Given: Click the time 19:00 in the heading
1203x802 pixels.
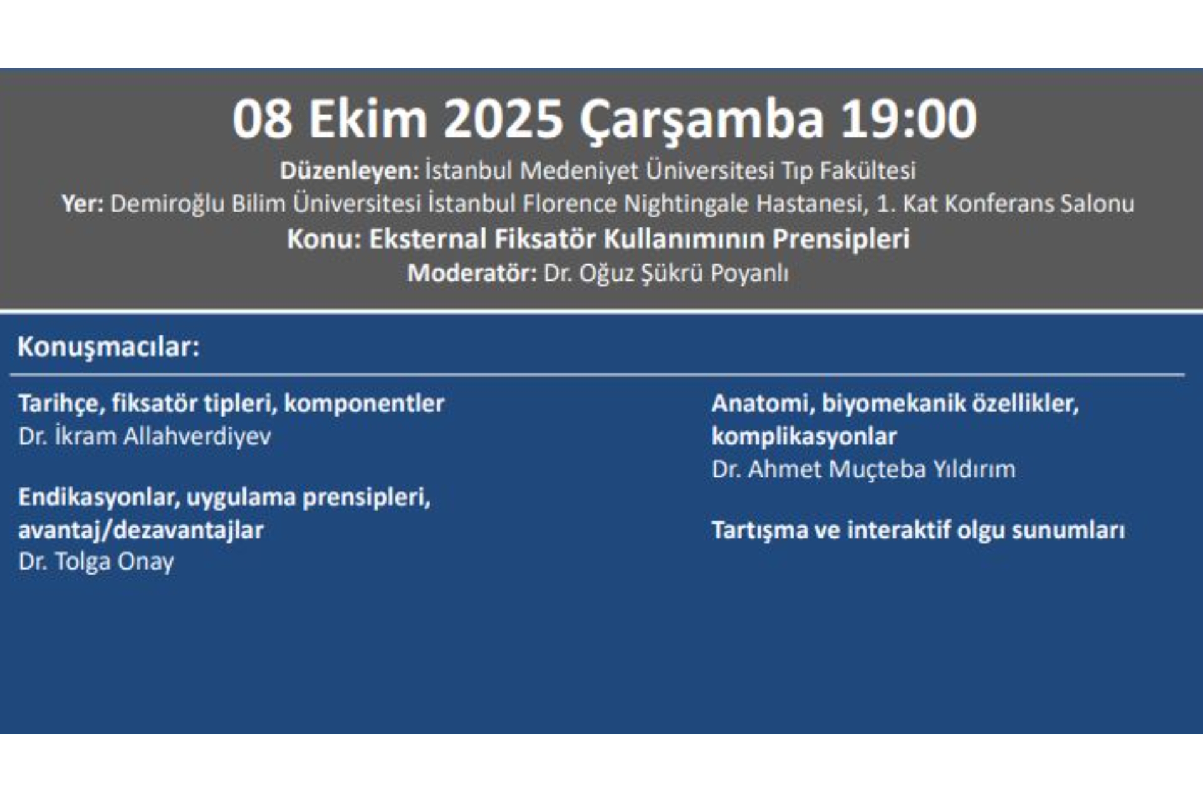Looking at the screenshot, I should pyautogui.click(x=908, y=119).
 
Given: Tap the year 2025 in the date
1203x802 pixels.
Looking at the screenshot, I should pyautogui.click(x=503, y=119).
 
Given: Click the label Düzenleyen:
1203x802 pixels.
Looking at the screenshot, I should pyautogui.click(x=349, y=170).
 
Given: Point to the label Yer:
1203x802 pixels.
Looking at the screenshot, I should pyautogui.click(x=82, y=204).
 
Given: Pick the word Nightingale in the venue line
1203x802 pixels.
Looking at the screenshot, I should pyautogui.click(x=686, y=204).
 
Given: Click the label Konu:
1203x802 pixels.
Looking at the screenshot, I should pyautogui.click(x=324, y=239).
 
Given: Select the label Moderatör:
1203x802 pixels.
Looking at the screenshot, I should pyautogui.click(x=471, y=273).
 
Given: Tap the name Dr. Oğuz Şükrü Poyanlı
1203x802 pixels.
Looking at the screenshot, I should pyautogui.click(x=666, y=274).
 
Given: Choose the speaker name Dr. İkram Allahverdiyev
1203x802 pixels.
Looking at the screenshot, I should pyautogui.click(x=145, y=436).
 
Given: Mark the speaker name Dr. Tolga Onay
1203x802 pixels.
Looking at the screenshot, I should pyautogui.click(x=96, y=561).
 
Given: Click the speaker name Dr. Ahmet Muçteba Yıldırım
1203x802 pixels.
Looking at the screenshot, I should pyautogui.click(x=863, y=469).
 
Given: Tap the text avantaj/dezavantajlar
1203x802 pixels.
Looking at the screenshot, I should pyautogui.click(x=141, y=530).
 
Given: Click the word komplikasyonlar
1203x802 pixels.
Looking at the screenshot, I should pyautogui.click(x=804, y=436).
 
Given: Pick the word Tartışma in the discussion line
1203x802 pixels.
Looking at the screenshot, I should pyautogui.click(x=759, y=530).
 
